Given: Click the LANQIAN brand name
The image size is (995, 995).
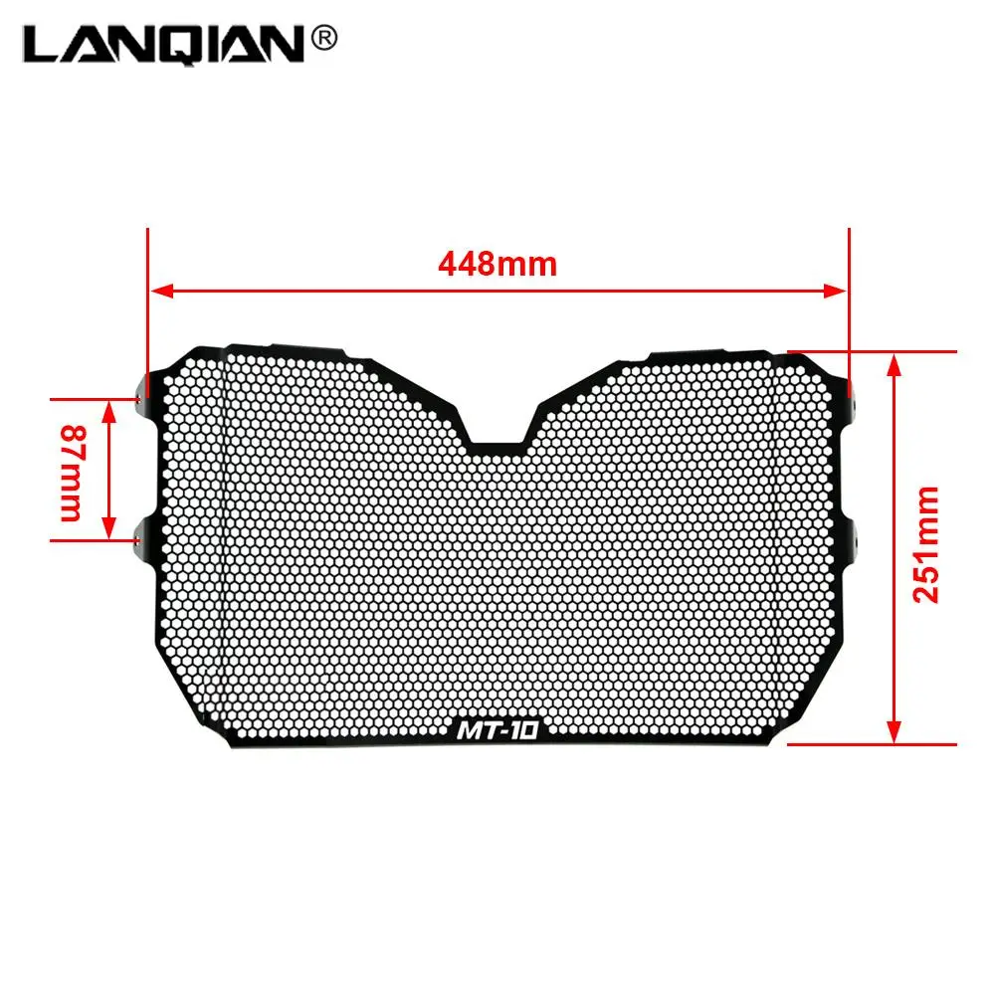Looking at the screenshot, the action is click(x=164, y=45).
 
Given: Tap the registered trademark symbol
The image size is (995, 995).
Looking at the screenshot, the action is click(x=323, y=39).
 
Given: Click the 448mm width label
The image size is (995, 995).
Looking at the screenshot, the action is click(x=497, y=264).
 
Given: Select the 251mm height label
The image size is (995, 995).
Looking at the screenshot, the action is click(x=925, y=544).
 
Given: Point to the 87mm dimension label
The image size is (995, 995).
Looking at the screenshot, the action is click(x=73, y=473).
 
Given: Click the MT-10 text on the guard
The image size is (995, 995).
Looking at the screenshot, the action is click(x=497, y=730).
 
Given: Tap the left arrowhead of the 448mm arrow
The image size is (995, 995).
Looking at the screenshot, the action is click(x=161, y=292).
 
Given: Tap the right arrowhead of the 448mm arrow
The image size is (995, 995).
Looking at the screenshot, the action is click(x=835, y=292).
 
